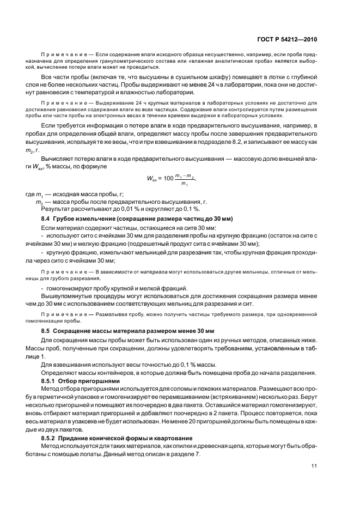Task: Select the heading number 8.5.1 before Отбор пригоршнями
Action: pyautogui.click(x=50, y=380)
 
